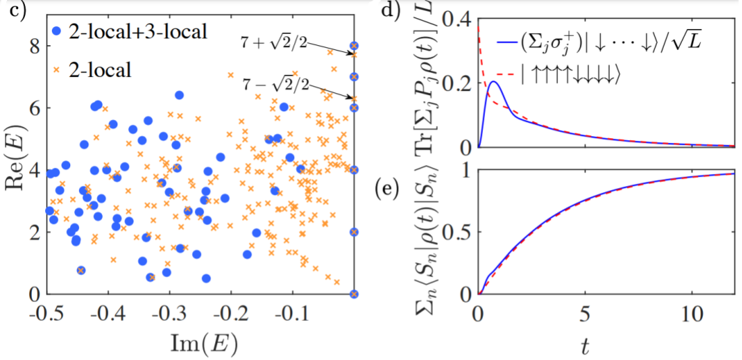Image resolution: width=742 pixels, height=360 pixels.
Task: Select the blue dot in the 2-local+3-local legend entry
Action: (x=58, y=31)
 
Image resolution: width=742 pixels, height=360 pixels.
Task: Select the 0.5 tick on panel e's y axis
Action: (x=460, y=233)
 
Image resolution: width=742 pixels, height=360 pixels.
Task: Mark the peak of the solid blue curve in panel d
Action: (x=494, y=82)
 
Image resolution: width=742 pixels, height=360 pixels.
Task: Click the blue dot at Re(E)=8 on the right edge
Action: (x=354, y=46)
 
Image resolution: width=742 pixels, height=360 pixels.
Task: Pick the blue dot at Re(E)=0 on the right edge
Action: (x=354, y=294)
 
